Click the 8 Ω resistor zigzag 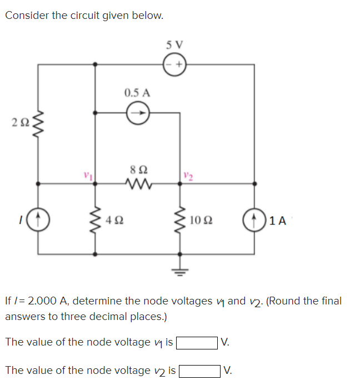click(137, 183)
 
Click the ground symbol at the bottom click(179, 271)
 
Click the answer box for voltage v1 click(197, 342)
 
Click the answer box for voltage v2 click(199, 370)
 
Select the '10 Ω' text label click(199, 221)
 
